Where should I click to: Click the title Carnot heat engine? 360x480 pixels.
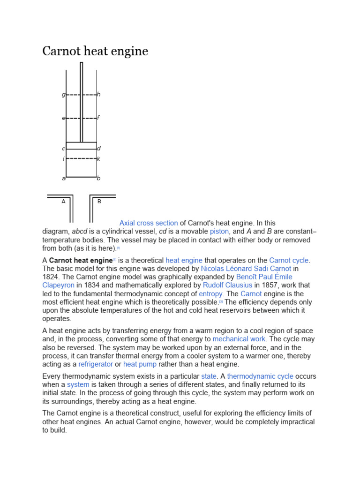click(95, 51)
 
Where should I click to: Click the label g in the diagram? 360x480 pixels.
click(63, 95)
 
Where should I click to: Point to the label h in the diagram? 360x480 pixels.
click(99, 95)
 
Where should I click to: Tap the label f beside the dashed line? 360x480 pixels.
click(98, 118)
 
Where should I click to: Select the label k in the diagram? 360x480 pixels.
click(98, 159)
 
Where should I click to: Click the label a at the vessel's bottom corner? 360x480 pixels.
click(63, 178)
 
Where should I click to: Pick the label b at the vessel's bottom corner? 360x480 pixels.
click(99, 178)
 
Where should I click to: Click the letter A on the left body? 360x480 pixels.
click(63, 201)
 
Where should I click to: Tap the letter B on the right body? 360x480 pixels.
click(99, 201)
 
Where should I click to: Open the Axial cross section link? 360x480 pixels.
click(149, 223)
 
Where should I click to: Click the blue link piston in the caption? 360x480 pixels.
click(219, 232)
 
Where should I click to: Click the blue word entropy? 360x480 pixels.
click(210, 294)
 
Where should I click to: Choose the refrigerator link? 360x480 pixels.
click(96, 364)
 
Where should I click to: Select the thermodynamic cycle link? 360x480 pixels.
click(260, 376)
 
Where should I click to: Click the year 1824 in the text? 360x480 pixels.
click(51, 277)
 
